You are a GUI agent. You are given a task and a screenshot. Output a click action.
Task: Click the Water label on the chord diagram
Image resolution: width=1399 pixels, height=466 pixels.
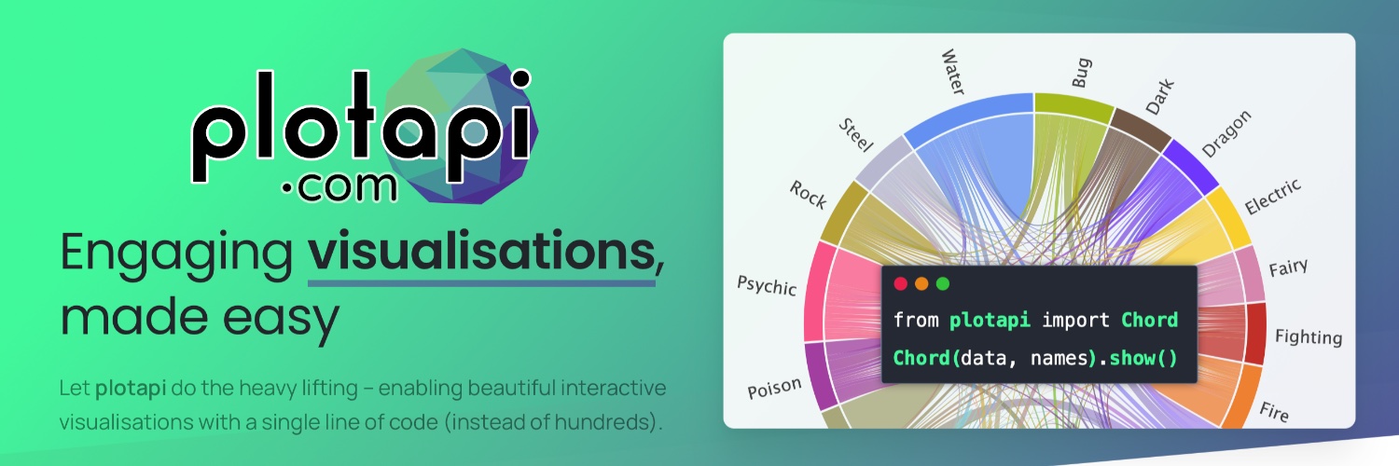click(x=953, y=72)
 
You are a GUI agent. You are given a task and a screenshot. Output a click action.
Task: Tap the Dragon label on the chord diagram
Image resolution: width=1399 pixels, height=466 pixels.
click(x=1226, y=134)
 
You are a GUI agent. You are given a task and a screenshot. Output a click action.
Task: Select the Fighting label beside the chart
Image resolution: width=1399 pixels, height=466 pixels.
click(x=1309, y=336)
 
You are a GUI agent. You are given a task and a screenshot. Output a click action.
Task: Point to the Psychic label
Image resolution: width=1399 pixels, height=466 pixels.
click(x=767, y=286)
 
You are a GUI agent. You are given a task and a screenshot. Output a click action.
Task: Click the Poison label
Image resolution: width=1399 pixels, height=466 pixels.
click(x=774, y=388)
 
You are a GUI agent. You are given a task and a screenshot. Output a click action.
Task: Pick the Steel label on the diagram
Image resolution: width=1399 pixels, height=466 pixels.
click(x=855, y=135)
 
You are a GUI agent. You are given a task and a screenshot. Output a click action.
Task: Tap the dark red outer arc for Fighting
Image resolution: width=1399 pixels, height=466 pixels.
click(x=1255, y=333)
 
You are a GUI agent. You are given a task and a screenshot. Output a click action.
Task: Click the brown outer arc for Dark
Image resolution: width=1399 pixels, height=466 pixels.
click(x=1141, y=129)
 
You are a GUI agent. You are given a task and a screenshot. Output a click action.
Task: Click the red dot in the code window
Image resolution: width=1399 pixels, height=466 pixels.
click(x=901, y=284)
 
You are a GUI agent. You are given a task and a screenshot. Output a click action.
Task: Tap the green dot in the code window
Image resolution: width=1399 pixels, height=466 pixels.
click(x=943, y=284)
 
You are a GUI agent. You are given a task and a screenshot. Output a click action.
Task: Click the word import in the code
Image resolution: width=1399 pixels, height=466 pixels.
click(x=1075, y=321)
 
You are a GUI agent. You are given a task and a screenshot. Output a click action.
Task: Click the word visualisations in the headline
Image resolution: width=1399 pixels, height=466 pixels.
click(x=481, y=251)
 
